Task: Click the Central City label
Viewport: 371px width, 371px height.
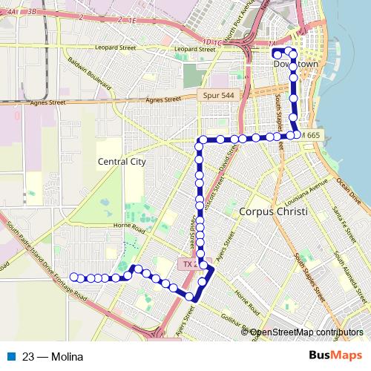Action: point(122,161)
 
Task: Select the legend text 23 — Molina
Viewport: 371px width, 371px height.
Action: point(53,356)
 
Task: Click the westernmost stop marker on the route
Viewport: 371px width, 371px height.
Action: point(73,278)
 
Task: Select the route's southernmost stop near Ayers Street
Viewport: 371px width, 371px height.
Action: point(190,297)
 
